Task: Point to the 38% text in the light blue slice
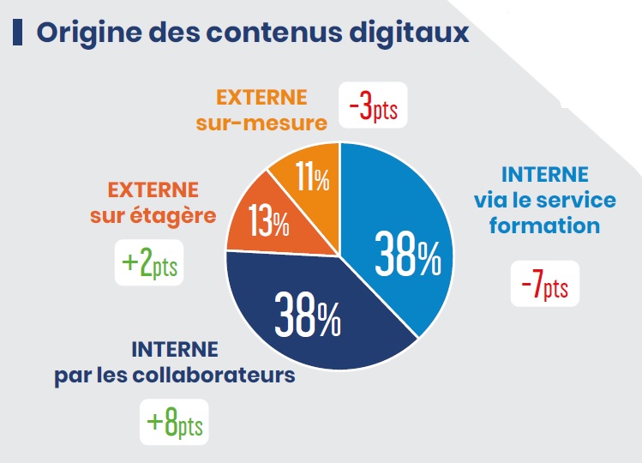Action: pos(407,256)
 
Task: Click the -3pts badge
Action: pos(373,106)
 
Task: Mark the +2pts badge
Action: pos(149,262)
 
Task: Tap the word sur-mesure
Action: pos(261,123)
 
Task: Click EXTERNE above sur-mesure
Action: pos(261,97)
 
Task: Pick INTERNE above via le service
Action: pos(545,175)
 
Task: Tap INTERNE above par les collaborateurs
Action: pos(175,350)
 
